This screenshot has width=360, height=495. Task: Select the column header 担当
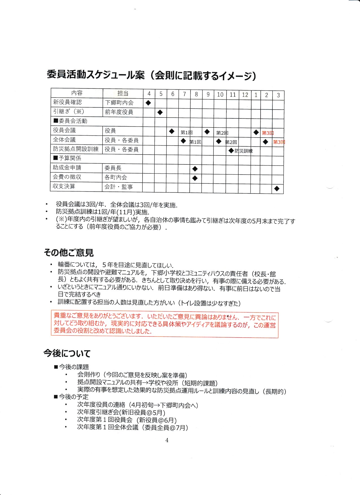coord(123,93)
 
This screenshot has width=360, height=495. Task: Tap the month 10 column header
coord(220,94)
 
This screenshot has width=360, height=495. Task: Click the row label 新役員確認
coord(67,102)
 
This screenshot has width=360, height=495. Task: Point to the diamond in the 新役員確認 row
coord(149,103)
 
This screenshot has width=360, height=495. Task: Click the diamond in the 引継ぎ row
coord(160,112)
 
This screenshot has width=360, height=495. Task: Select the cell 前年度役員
coord(119,112)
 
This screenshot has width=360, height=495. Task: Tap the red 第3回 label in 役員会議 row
coord(268,133)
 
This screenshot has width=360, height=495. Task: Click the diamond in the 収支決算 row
coord(277,188)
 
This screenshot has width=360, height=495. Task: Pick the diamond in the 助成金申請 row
coord(195,169)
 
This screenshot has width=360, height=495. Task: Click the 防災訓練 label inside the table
coord(244,151)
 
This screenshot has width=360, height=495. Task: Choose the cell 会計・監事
coord(119,187)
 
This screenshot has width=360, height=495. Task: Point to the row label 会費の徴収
coord(67,177)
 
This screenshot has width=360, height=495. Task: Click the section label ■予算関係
coord(67,158)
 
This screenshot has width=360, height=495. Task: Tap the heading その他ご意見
coord(69,252)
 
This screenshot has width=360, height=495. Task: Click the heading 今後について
coord(67,353)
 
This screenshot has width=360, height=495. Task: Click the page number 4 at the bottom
coord(167,440)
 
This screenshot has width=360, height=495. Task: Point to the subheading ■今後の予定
coord(71,397)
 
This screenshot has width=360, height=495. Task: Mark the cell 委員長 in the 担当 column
coord(113,168)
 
